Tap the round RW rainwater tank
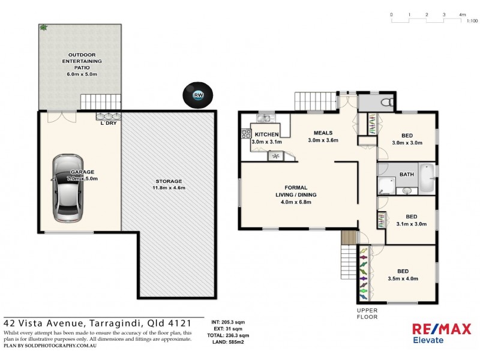(x=198, y=95)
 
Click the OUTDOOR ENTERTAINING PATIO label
(x=81, y=61)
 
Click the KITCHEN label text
(x=266, y=134)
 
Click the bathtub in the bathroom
(x=426, y=178)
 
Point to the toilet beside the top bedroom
(x=386, y=103)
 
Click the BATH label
(x=406, y=175)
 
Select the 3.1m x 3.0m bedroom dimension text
(x=411, y=224)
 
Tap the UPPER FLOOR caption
(x=367, y=314)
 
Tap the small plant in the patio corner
(x=44, y=28)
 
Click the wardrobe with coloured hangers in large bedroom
(x=364, y=273)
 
